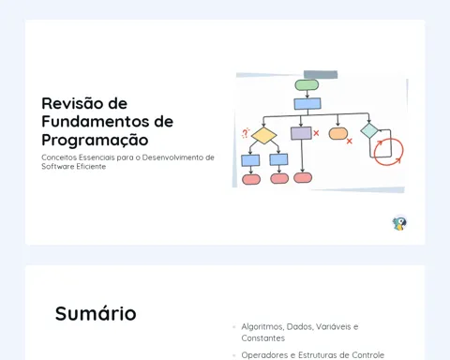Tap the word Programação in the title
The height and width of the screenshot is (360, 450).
tap(95, 140)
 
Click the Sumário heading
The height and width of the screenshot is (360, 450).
tap(96, 313)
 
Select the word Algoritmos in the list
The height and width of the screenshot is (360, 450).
tap(262, 327)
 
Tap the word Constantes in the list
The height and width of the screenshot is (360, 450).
tap(263, 338)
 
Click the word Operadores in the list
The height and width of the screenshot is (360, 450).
tap(264, 355)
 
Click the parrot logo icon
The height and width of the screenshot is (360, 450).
tap(399, 223)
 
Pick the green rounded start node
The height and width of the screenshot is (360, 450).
tap(307, 84)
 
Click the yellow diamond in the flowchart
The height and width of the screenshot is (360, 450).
tap(264, 135)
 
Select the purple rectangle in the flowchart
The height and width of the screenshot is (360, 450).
tap(301, 133)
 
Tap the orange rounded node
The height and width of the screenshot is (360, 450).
tap(338, 133)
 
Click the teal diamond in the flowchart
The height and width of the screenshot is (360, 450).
tap(369, 130)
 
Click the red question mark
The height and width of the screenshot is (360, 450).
tap(246, 133)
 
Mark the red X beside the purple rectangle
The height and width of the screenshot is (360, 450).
tap(316, 133)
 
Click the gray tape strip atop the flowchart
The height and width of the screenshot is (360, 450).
tap(321, 74)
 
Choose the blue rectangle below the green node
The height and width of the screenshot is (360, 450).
tap(307, 104)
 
